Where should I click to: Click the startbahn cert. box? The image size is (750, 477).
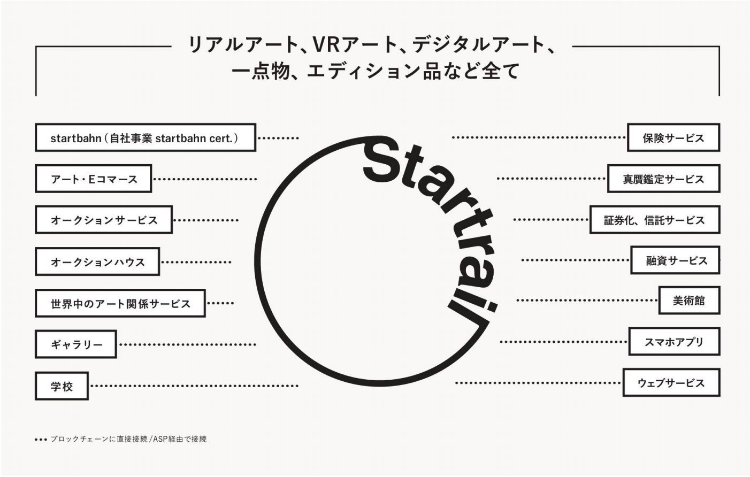(146, 137)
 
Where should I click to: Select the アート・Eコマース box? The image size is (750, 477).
(94, 179)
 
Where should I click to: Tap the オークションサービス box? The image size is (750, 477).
(104, 220)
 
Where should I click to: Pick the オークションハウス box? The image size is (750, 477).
(97, 261)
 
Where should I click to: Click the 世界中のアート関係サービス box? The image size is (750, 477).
(120, 303)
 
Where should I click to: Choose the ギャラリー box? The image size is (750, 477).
(75, 344)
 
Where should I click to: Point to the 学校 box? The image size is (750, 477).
(62, 386)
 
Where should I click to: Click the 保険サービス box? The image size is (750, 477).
(674, 137)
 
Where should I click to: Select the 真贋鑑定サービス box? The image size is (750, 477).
(664, 179)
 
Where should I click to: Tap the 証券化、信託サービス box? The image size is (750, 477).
(655, 220)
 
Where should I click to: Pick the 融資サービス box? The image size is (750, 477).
(675, 260)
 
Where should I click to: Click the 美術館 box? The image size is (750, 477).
(690, 300)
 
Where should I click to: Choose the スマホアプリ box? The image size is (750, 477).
(675, 341)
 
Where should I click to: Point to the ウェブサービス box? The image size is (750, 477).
(671, 382)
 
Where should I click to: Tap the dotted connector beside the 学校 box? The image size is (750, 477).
(195, 386)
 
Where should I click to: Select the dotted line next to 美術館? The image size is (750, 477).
(587, 300)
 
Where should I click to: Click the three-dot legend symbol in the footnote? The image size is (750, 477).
(41, 440)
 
